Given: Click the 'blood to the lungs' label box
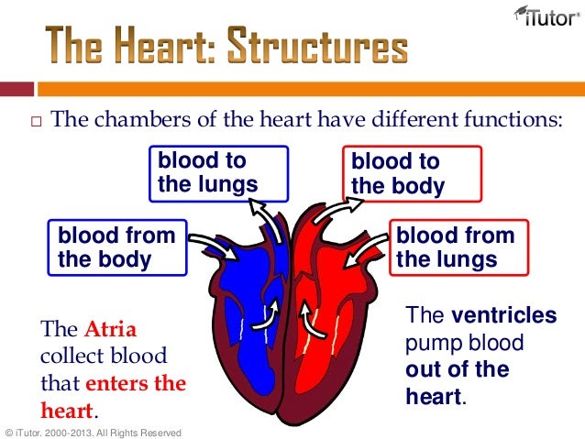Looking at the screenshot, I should pyautogui.click(x=219, y=173).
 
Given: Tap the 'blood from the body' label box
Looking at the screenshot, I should pyautogui.click(x=117, y=247).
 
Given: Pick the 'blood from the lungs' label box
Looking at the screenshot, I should pyautogui.click(x=460, y=247).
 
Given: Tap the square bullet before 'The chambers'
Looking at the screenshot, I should pyautogui.click(x=36, y=122).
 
